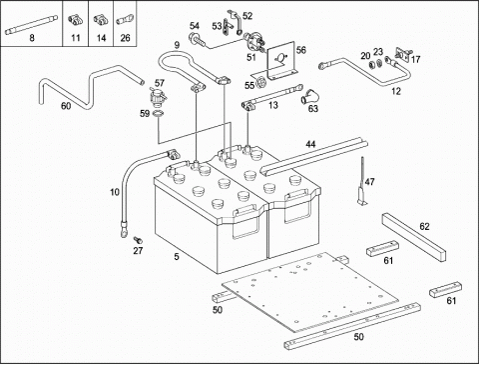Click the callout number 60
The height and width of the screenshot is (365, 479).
[x=66, y=106]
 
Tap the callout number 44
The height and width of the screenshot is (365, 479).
[x=310, y=144]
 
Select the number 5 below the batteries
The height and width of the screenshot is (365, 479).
[x=177, y=257]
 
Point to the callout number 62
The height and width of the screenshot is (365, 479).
[x=424, y=227]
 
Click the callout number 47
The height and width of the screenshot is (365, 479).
[x=369, y=182]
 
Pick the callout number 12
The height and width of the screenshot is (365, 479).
[x=396, y=91]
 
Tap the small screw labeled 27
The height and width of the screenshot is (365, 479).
[x=138, y=240]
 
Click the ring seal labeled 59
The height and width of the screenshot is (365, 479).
[x=159, y=114]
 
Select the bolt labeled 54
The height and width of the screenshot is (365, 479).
[x=198, y=40]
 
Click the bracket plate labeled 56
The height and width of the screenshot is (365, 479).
[x=281, y=61]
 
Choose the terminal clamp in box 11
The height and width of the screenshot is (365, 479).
[x=75, y=20]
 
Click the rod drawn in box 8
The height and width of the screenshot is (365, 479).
[x=32, y=25]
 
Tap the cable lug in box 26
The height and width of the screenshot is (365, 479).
[x=125, y=19]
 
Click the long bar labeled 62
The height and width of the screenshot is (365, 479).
[x=413, y=237]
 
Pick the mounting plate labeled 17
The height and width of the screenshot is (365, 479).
[x=403, y=55]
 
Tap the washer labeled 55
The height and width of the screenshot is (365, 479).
[x=261, y=80]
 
